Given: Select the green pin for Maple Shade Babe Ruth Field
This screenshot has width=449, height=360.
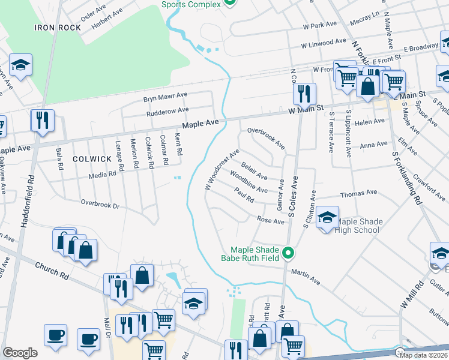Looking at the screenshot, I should point(288,254).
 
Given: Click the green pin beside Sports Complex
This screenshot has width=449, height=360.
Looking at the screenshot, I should point(229,2).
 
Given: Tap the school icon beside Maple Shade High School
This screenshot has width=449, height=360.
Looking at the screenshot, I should point(327,218).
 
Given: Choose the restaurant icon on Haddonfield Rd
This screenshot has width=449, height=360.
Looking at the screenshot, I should point(43,121).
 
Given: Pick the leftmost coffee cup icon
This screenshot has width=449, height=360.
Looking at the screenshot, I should point(55,335).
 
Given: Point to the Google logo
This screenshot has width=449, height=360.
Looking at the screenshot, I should point(20,353).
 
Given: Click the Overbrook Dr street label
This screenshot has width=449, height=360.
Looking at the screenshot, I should point(101,205).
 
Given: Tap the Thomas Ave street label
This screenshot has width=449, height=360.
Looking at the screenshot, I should point(358,193).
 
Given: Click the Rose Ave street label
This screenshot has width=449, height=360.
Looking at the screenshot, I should point(271,221).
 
